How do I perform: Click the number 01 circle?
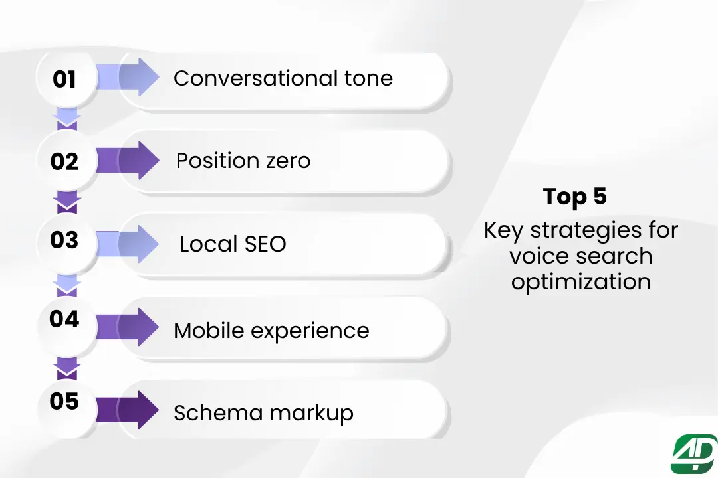click(64, 80)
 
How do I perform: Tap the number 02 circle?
click(64, 161)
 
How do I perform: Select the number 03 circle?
click(64, 240)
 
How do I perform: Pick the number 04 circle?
click(64, 320)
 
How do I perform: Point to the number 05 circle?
click(64, 402)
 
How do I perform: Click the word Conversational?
click(247, 78)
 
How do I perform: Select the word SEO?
click(264, 244)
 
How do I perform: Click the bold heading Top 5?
click(575, 197)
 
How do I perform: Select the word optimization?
click(580, 281)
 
